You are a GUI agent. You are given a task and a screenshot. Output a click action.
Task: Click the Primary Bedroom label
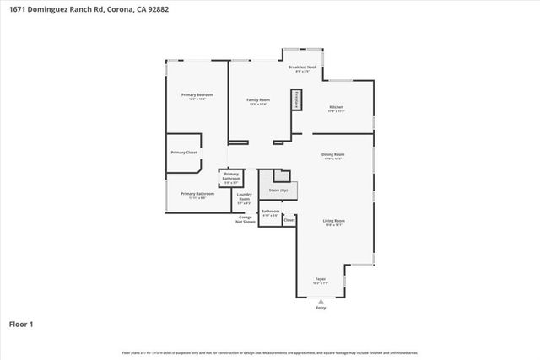point(197,95)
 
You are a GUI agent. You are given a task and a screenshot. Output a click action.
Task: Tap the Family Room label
point(257,100)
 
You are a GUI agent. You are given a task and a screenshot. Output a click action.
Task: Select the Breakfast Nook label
point(302,67)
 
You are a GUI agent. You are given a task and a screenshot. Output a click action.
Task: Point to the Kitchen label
point(337,107)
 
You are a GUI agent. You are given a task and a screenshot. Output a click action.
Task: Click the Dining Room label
point(333,154)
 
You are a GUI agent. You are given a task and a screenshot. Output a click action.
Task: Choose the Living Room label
point(334,221)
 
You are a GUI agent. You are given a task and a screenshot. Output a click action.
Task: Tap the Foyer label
point(321,278)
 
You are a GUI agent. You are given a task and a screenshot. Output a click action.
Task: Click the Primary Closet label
point(184,152)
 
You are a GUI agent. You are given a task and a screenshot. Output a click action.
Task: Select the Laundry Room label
point(245,198)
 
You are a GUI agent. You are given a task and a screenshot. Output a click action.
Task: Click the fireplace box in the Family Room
point(296,100)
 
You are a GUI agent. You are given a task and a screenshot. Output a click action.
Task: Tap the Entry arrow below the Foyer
point(321,301)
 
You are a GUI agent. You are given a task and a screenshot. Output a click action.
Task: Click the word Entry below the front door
point(321,308)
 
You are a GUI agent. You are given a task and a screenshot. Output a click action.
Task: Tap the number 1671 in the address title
point(16,8)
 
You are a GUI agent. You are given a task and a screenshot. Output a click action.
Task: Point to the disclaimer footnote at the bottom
point(270,352)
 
